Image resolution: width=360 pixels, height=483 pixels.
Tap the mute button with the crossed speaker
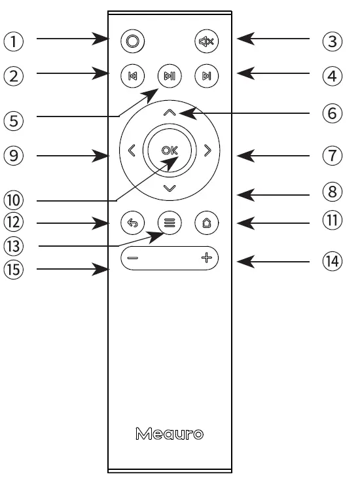(x=207, y=41)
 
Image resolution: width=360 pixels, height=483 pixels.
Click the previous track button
(x=132, y=76)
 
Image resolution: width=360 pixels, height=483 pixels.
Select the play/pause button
(x=170, y=76)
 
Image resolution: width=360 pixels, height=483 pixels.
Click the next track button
(x=207, y=76)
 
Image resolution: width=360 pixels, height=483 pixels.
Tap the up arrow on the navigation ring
(x=170, y=113)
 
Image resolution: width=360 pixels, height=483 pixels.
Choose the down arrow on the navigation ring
(x=170, y=188)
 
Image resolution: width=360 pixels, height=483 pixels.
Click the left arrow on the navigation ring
(x=131, y=151)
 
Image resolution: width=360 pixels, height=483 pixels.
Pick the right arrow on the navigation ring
(x=208, y=151)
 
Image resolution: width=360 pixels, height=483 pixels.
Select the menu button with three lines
(x=170, y=223)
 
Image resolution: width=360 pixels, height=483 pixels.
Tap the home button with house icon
(x=207, y=223)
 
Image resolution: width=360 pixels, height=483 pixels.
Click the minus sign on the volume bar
(x=133, y=259)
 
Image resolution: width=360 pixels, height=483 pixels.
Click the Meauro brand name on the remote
(x=170, y=433)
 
